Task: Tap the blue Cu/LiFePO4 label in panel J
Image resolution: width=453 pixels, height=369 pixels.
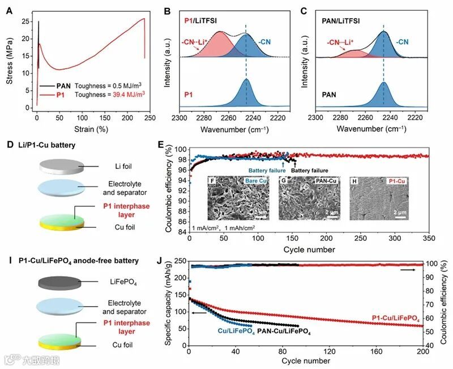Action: coord(236,330)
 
